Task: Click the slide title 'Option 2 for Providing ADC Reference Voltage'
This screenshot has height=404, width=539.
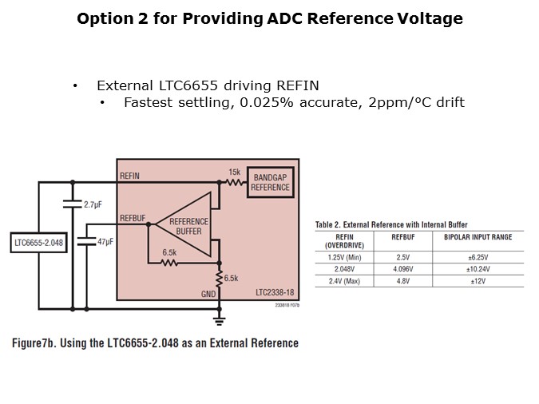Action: tap(269, 18)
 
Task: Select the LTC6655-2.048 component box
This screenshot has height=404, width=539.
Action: tap(39, 242)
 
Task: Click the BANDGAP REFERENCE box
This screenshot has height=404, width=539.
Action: tap(270, 183)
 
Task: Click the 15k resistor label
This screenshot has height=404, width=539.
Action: tap(234, 172)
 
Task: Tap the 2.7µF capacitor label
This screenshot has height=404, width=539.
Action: tap(93, 204)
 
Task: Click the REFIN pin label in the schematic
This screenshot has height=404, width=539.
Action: tap(130, 175)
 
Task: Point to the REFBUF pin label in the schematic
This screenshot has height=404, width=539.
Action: tap(133, 217)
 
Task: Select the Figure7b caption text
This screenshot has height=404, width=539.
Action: tap(155, 343)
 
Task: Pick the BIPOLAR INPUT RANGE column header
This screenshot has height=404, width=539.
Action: tap(478, 237)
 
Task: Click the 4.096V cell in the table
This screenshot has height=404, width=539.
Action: tap(402, 269)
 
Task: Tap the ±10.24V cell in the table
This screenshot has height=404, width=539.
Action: tap(478, 269)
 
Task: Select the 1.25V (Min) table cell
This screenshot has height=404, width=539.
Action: tap(345, 258)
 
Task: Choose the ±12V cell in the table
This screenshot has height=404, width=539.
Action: tap(478, 281)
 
